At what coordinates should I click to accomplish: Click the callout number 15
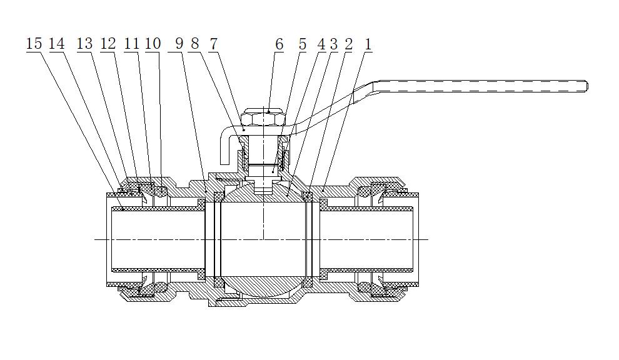pos(34,44)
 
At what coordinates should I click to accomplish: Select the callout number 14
pos(57,44)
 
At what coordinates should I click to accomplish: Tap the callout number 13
pos(84,44)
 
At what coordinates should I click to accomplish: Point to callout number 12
pos(108,44)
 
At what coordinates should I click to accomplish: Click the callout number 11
pos(131,44)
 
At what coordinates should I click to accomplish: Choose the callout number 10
pos(153,44)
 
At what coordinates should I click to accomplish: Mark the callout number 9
pos(179,44)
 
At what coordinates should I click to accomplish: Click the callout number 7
pos(214,44)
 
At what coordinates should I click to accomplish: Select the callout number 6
pos(279,44)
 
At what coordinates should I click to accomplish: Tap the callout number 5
pos(303,44)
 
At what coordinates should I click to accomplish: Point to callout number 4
pos(321,44)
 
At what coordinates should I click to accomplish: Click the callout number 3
pos(334,44)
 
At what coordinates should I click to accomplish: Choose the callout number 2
pos(348,44)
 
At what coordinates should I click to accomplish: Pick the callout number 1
pos(368,44)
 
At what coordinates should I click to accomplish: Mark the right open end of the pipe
pos(416,239)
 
